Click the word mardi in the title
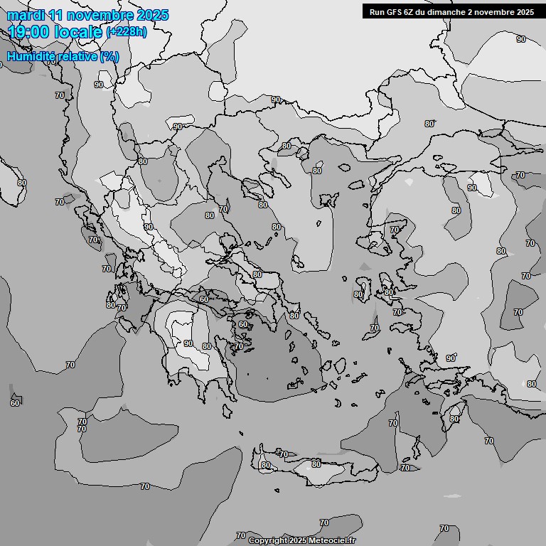tap(26, 15)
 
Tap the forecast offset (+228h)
tap(127, 32)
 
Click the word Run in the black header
tap(377, 11)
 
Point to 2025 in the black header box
tap(525, 11)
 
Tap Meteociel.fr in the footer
tap(333, 540)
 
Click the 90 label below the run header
tap(521, 39)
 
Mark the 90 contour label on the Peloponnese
tap(188, 343)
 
